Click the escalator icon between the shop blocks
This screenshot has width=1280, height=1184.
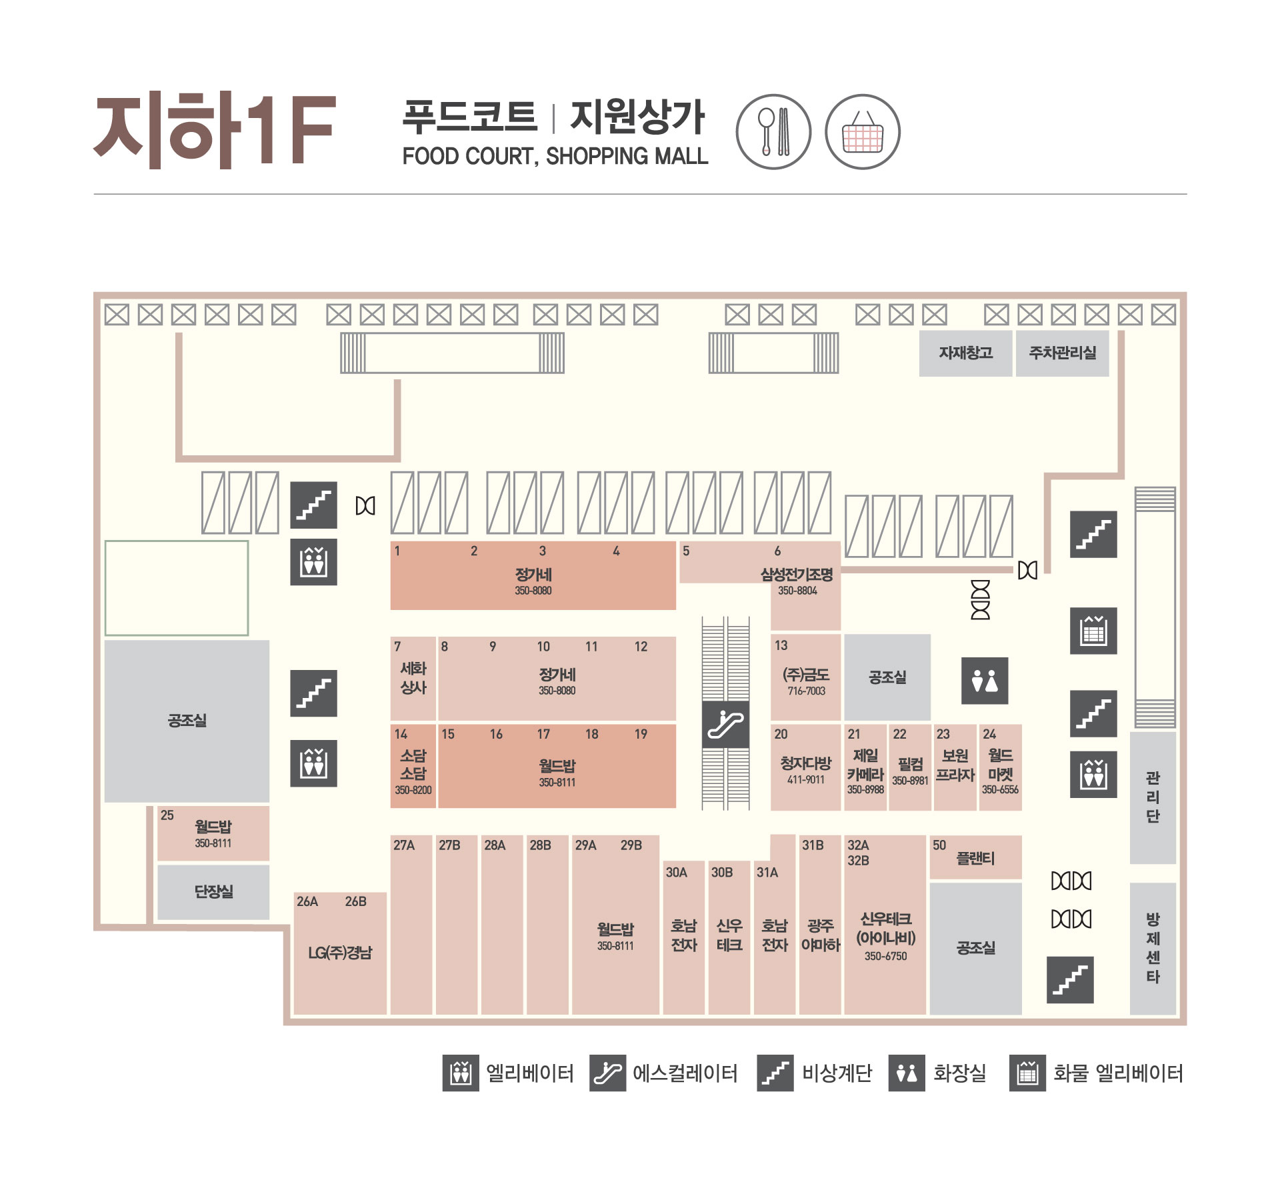pos(725,725)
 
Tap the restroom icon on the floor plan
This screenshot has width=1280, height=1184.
pos(985,681)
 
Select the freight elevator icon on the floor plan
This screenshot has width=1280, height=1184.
pos(1093,631)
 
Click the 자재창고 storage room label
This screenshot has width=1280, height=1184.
pos(966,353)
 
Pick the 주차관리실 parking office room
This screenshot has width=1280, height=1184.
pos(1063,353)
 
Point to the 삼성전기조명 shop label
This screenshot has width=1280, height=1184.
pos(797,575)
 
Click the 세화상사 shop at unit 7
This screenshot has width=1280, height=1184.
pos(413,678)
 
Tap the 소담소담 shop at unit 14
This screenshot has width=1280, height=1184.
pos(413,766)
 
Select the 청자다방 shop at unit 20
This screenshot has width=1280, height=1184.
pos(805,767)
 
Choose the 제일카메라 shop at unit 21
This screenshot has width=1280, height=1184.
pos(865,767)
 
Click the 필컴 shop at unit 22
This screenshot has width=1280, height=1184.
pos(910,767)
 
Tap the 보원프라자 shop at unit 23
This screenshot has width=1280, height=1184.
pos(955,767)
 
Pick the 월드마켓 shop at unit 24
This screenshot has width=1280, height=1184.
pos(1000,767)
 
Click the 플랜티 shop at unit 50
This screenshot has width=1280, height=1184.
pos(976,857)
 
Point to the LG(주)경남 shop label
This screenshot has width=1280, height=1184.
pos(340,953)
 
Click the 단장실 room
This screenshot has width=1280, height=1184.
pos(213,892)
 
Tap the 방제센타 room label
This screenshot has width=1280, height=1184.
pos(1153,948)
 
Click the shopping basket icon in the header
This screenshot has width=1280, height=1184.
pos(863,132)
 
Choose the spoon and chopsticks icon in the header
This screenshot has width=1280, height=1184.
pos(773,132)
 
